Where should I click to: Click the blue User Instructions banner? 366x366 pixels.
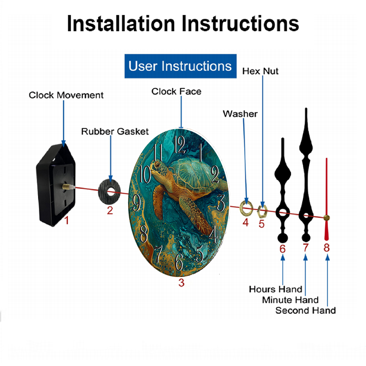coord(180,66)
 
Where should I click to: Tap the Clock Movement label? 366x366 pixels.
coord(66,95)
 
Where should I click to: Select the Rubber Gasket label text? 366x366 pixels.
coord(115,131)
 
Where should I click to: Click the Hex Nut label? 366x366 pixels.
coord(260,71)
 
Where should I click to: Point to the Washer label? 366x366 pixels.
coord(240,114)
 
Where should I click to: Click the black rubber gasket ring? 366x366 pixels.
coord(109,192)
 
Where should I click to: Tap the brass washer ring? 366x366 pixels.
coord(246,208)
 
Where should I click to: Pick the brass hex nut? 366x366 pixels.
coord(262,212)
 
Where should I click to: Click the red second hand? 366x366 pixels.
coord(326,199)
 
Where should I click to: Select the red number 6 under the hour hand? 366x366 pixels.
coord(283,249)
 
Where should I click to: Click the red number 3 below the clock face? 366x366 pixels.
coord(182,283)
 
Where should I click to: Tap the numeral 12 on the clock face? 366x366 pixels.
coord(179,145)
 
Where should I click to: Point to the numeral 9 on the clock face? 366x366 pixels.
coord(137,203)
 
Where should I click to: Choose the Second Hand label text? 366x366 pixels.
coord(306,310)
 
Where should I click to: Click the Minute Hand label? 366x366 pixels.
coord(290,300)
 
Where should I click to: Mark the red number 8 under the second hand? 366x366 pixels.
coord(326,248)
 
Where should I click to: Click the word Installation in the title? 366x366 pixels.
coord(121,23)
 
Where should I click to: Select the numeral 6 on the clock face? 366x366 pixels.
coord(179,261)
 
